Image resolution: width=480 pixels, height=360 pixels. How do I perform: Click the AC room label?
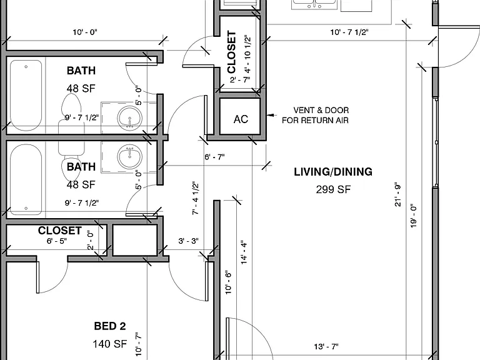[241, 119]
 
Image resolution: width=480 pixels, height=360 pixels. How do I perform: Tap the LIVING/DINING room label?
[333, 172]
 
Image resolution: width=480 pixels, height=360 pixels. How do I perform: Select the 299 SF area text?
[333, 189]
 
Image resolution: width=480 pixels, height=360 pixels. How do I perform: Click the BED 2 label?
[110, 326]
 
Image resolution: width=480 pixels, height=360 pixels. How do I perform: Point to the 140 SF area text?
[110, 344]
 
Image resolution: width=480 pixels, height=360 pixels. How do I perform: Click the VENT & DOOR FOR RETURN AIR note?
[315, 115]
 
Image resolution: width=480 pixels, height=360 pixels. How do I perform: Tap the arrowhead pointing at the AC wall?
[270, 116]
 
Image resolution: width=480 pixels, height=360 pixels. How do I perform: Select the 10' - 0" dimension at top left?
[85, 32]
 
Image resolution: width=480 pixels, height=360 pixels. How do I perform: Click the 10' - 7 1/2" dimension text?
[349, 32]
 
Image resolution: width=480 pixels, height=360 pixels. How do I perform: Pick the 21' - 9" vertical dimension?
[397, 195]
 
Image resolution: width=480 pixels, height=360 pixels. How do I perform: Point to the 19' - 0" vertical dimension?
[413, 216]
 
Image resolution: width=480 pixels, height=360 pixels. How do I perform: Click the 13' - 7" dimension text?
[326, 346]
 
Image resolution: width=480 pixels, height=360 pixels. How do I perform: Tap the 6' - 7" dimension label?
[214, 157]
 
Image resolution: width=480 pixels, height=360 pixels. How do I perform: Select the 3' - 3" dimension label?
[188, 241]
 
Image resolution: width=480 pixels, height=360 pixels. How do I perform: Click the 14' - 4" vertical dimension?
[244, 252]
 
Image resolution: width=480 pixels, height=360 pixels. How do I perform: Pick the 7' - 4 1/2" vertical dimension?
[195, 198]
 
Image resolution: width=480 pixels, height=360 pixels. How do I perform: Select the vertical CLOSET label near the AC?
[232, 52]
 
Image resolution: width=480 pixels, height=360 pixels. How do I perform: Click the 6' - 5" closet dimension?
[57, 241]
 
